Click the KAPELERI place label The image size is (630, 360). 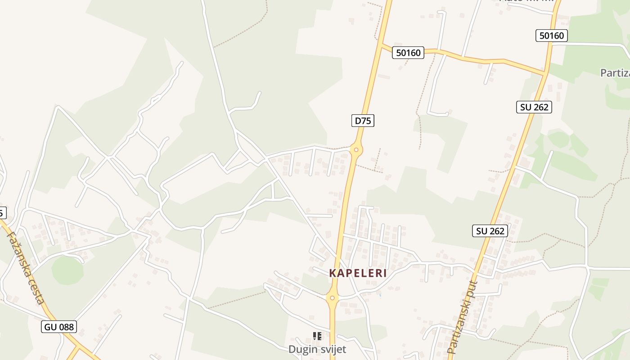(358, 273)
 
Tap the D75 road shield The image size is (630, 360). (363, 121)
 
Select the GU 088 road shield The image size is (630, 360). (59, 327)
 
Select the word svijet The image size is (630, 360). (332, 349)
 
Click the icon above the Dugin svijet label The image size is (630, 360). (317, 336)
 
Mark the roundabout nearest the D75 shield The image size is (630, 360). (356, 150)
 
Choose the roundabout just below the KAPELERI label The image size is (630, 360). (332, 297)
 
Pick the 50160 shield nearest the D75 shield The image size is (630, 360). (408, 53)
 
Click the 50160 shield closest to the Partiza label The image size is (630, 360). (551, 36)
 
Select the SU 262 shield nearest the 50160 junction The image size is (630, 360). (534, 107)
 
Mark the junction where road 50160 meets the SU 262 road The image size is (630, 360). (545, 73)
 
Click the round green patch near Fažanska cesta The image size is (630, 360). (67, 270)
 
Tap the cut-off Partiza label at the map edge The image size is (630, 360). (615, 73)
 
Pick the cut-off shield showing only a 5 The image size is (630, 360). (2, 212)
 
